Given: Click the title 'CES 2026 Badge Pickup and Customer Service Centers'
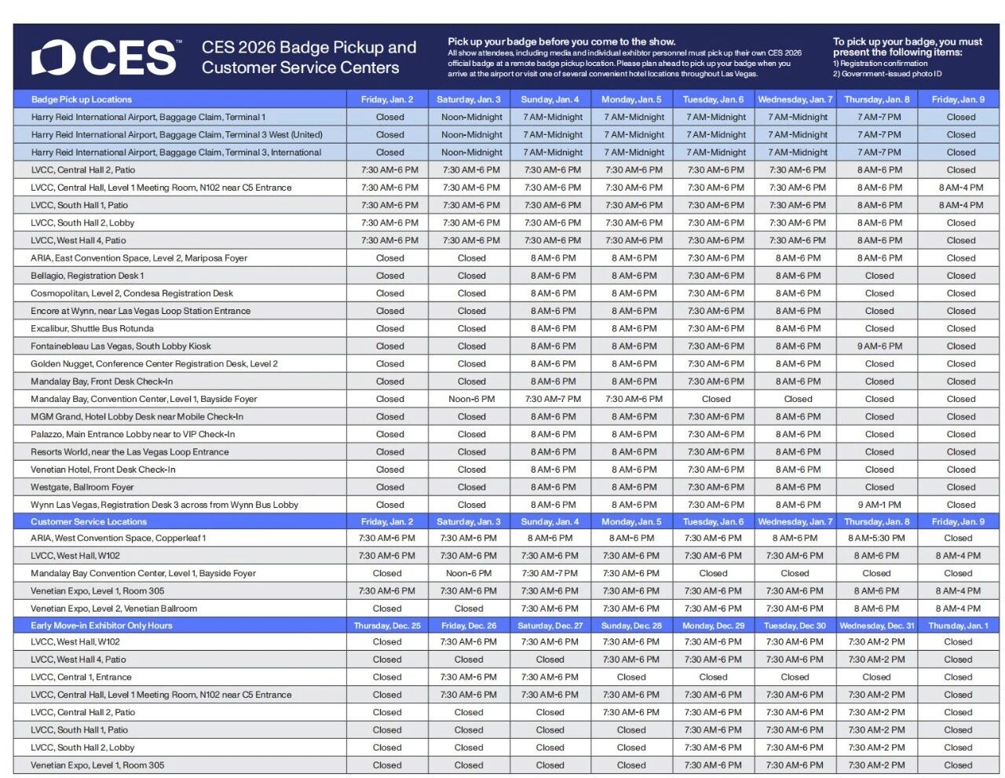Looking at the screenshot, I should point(309,57).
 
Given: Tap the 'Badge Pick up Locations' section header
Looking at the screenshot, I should point(81,100).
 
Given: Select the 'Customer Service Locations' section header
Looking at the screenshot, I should point(89,521).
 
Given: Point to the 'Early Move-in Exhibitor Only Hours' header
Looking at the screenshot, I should point(101,626).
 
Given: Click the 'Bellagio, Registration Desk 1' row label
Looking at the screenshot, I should point(87,276).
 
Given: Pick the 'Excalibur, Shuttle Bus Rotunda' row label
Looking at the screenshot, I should point(92,329).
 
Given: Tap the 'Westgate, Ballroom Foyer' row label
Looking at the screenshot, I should point(82,488).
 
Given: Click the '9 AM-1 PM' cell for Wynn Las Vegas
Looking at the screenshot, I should point(879,505).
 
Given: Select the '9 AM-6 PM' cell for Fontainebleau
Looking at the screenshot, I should point(879,346).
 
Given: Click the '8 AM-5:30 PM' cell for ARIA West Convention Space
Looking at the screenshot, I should point(876,539).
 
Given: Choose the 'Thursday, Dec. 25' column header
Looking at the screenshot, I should point(387,626).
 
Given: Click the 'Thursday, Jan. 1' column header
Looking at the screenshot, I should point(958,626).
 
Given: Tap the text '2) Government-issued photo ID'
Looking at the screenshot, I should point(887,74).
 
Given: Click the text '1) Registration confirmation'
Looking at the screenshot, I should point(880,64).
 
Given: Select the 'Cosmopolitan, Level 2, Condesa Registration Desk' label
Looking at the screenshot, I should point(132,294).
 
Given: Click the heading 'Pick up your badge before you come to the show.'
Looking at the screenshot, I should point(561,42).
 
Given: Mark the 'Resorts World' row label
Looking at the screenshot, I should point(130,452).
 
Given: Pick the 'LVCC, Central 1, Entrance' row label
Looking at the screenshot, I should point(81,678).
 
